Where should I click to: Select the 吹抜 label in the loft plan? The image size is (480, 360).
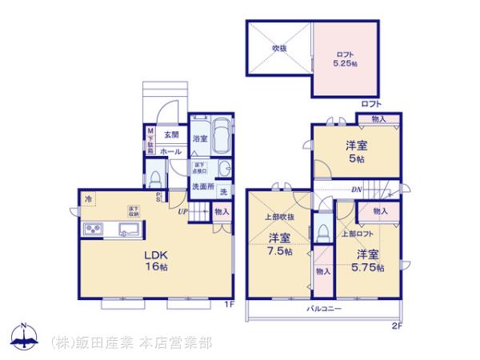(278, 48)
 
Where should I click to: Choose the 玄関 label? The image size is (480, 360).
(170, 134)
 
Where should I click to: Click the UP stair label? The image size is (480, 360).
(183, 212)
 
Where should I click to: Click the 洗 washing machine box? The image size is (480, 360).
(223, 192)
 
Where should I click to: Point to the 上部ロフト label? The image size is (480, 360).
(356, 234)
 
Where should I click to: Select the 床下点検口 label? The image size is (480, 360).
(200, 168)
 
